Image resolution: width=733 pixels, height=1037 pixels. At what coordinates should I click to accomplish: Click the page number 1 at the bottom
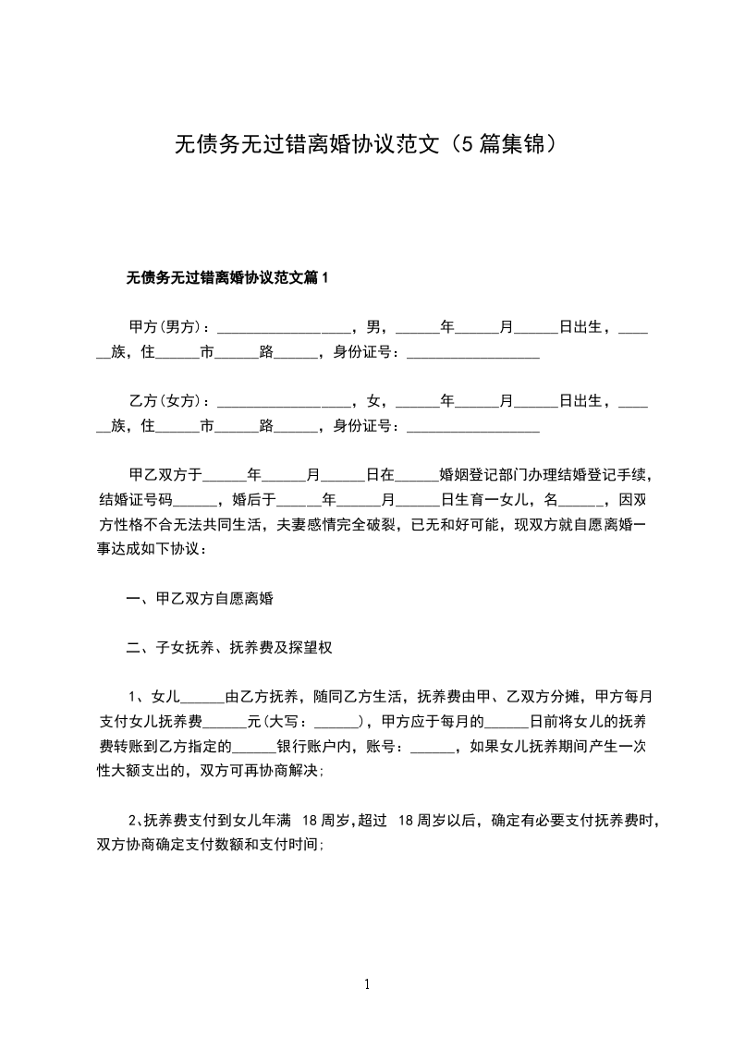367,984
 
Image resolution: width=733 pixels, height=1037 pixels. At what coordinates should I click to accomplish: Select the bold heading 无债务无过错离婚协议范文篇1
227,276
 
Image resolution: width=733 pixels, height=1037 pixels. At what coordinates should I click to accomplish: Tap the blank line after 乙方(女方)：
284,402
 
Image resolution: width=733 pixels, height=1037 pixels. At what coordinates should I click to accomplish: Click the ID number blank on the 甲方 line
473,352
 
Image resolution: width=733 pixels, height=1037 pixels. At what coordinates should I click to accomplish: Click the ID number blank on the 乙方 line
473,427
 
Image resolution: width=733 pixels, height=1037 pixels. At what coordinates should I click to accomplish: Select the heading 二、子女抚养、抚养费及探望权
230,648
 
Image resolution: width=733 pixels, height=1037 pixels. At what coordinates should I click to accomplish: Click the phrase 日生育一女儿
484,501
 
